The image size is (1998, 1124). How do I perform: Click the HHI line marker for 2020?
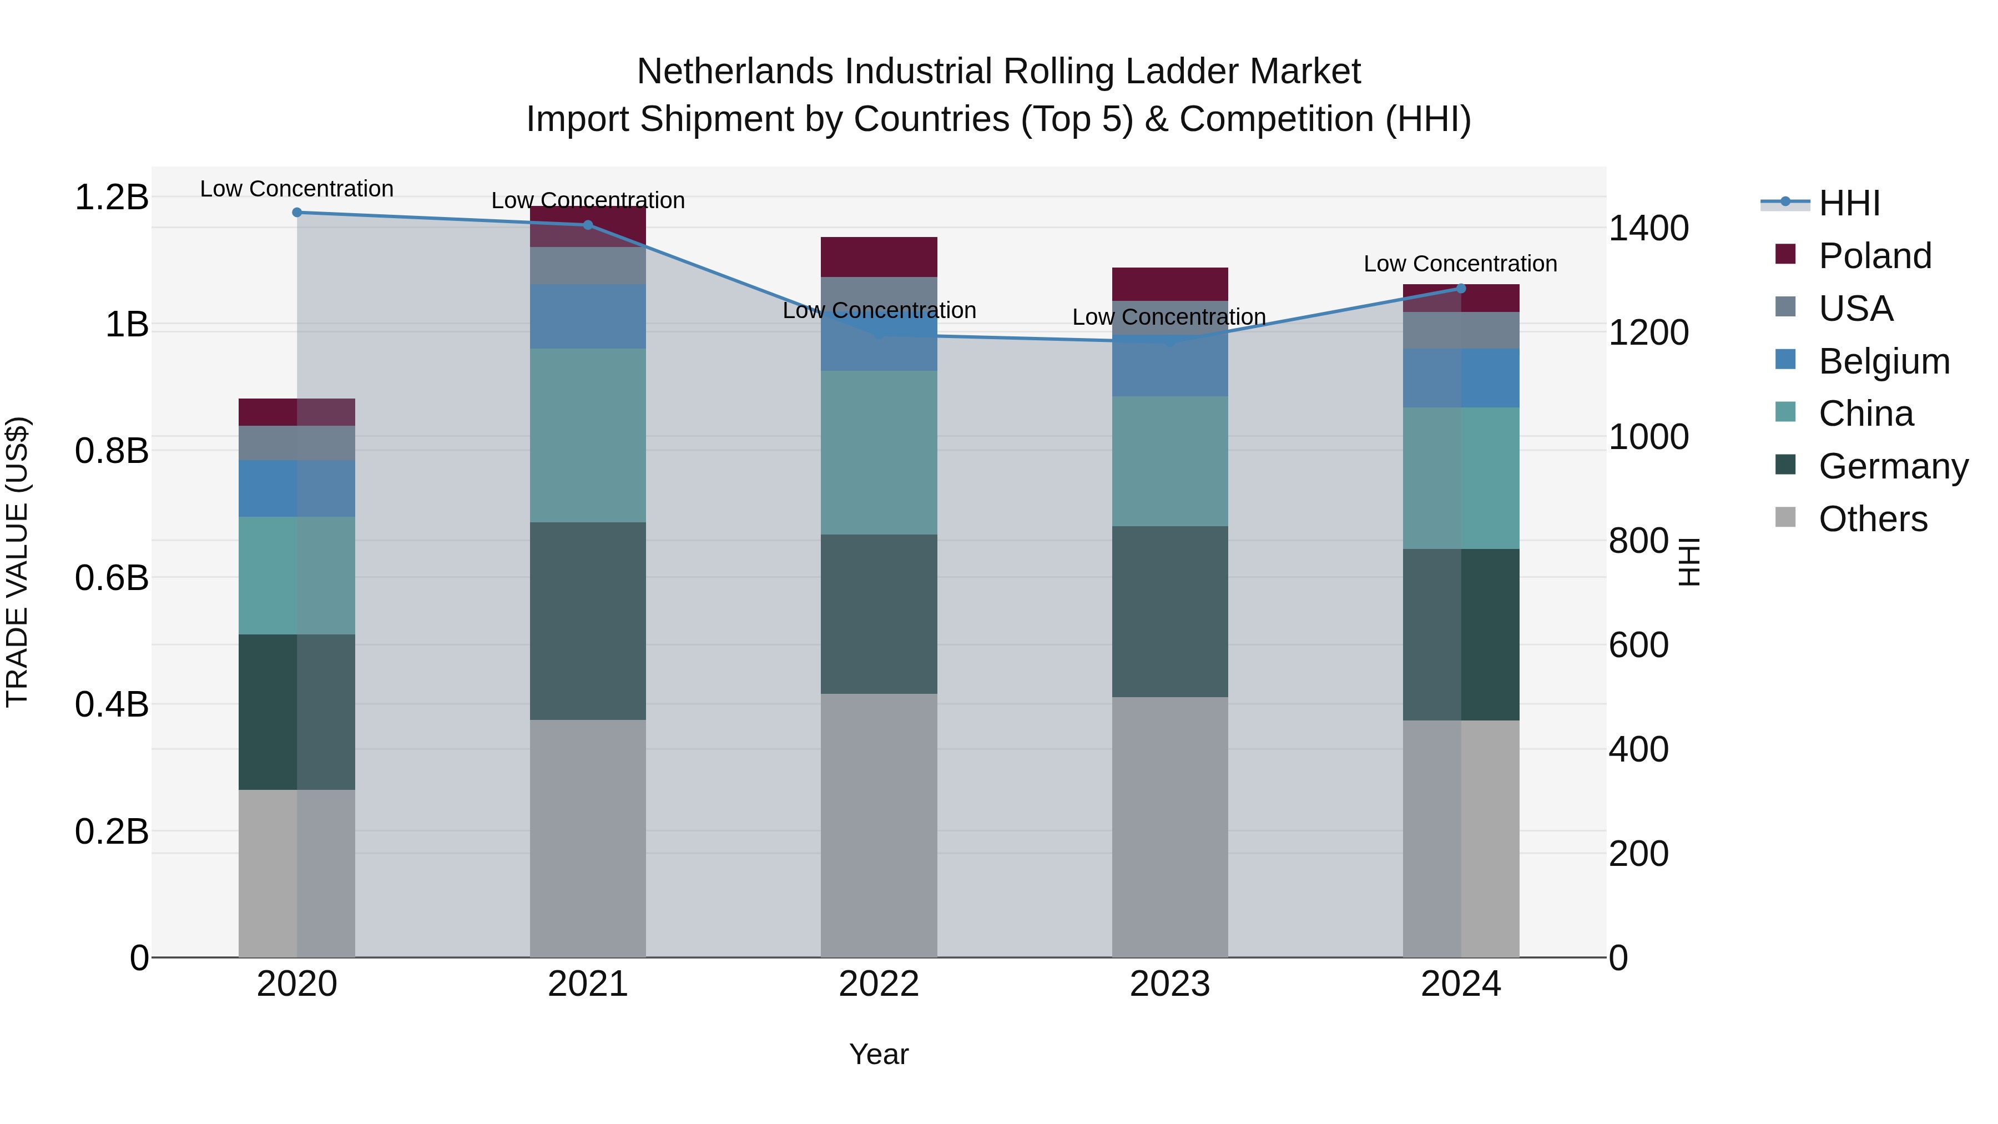tap(296, 213)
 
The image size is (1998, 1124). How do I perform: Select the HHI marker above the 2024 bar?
tap(1461, 289)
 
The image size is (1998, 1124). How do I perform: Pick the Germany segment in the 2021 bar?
tap(587, 621)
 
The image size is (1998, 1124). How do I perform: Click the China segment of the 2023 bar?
tap(1169, 462)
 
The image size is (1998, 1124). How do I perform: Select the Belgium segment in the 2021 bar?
tap(587, 316)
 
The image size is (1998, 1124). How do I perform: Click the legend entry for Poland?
tap(1874, 256)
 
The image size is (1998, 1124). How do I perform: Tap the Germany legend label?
tap(1893, 466)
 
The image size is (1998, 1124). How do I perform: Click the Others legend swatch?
tap(1785, 517)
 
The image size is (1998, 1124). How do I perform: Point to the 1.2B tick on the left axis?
tap(112, 197)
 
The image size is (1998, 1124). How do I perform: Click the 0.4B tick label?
tap(112, 704)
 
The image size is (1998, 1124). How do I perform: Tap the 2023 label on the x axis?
tap(1169, 984)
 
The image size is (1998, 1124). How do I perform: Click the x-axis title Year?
tap(879, 1054)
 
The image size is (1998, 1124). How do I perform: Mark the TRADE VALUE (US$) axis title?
tap(17, 562)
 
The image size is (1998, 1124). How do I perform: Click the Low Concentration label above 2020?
tap(296, 189)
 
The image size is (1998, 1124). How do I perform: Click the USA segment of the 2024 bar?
tap(1461, 330)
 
